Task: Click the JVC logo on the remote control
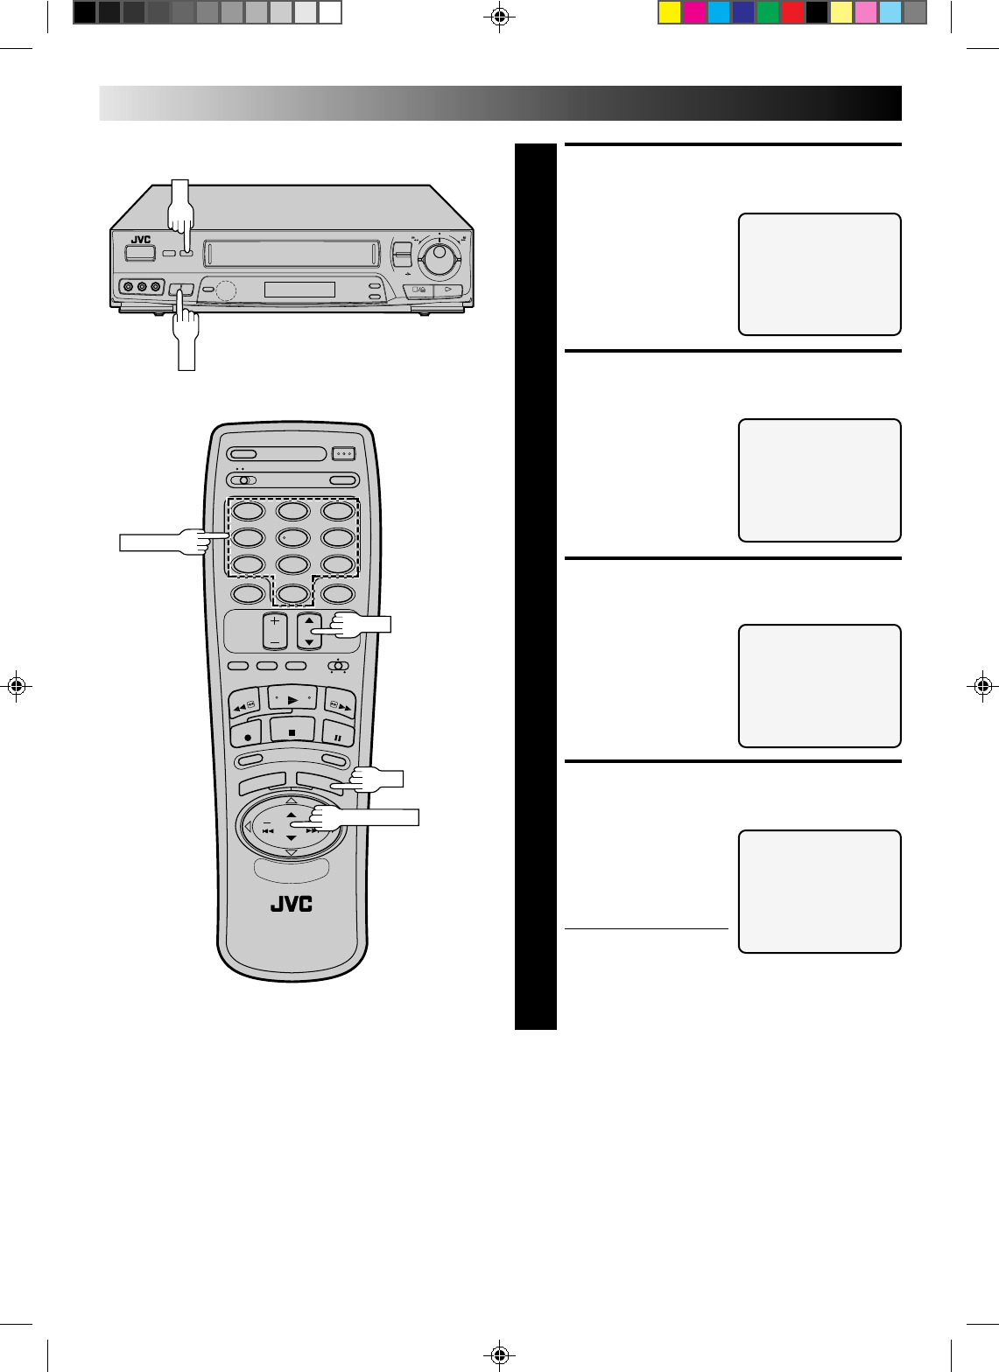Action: pyautogui.click(x=291, y=904)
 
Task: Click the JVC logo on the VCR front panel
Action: pyautogui.click(x=140, y=240)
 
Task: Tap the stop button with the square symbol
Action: pyautogui.click(x=292, y=731)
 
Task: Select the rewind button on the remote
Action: pyautogui.click(x=244, y=703)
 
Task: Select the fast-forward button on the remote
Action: pyautogui.click(x=340, y=703)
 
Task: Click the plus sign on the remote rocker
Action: pyautogui.click(x=275, y=620)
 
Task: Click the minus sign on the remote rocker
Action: pyautogui.click(x=275, y=641)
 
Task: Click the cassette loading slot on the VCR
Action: pyautogui.click(x=292, y=255)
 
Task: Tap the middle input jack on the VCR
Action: pyautogui.click(x=143, y=286)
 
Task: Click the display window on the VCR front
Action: pyautogui.click(x=299, y=289)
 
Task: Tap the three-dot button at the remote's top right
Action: pyautogui.click(x=343, y=454)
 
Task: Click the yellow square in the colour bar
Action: pyautogui.click(x=670, y=13)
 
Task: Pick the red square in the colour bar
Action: pyautogui.click(x=792, y=13)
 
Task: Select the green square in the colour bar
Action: pyautogui.click(x=768, y=13)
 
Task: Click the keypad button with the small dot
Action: pyautogui.click(x=292, y=537)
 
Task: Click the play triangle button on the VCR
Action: pyautogui.click(x=447, y=290)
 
